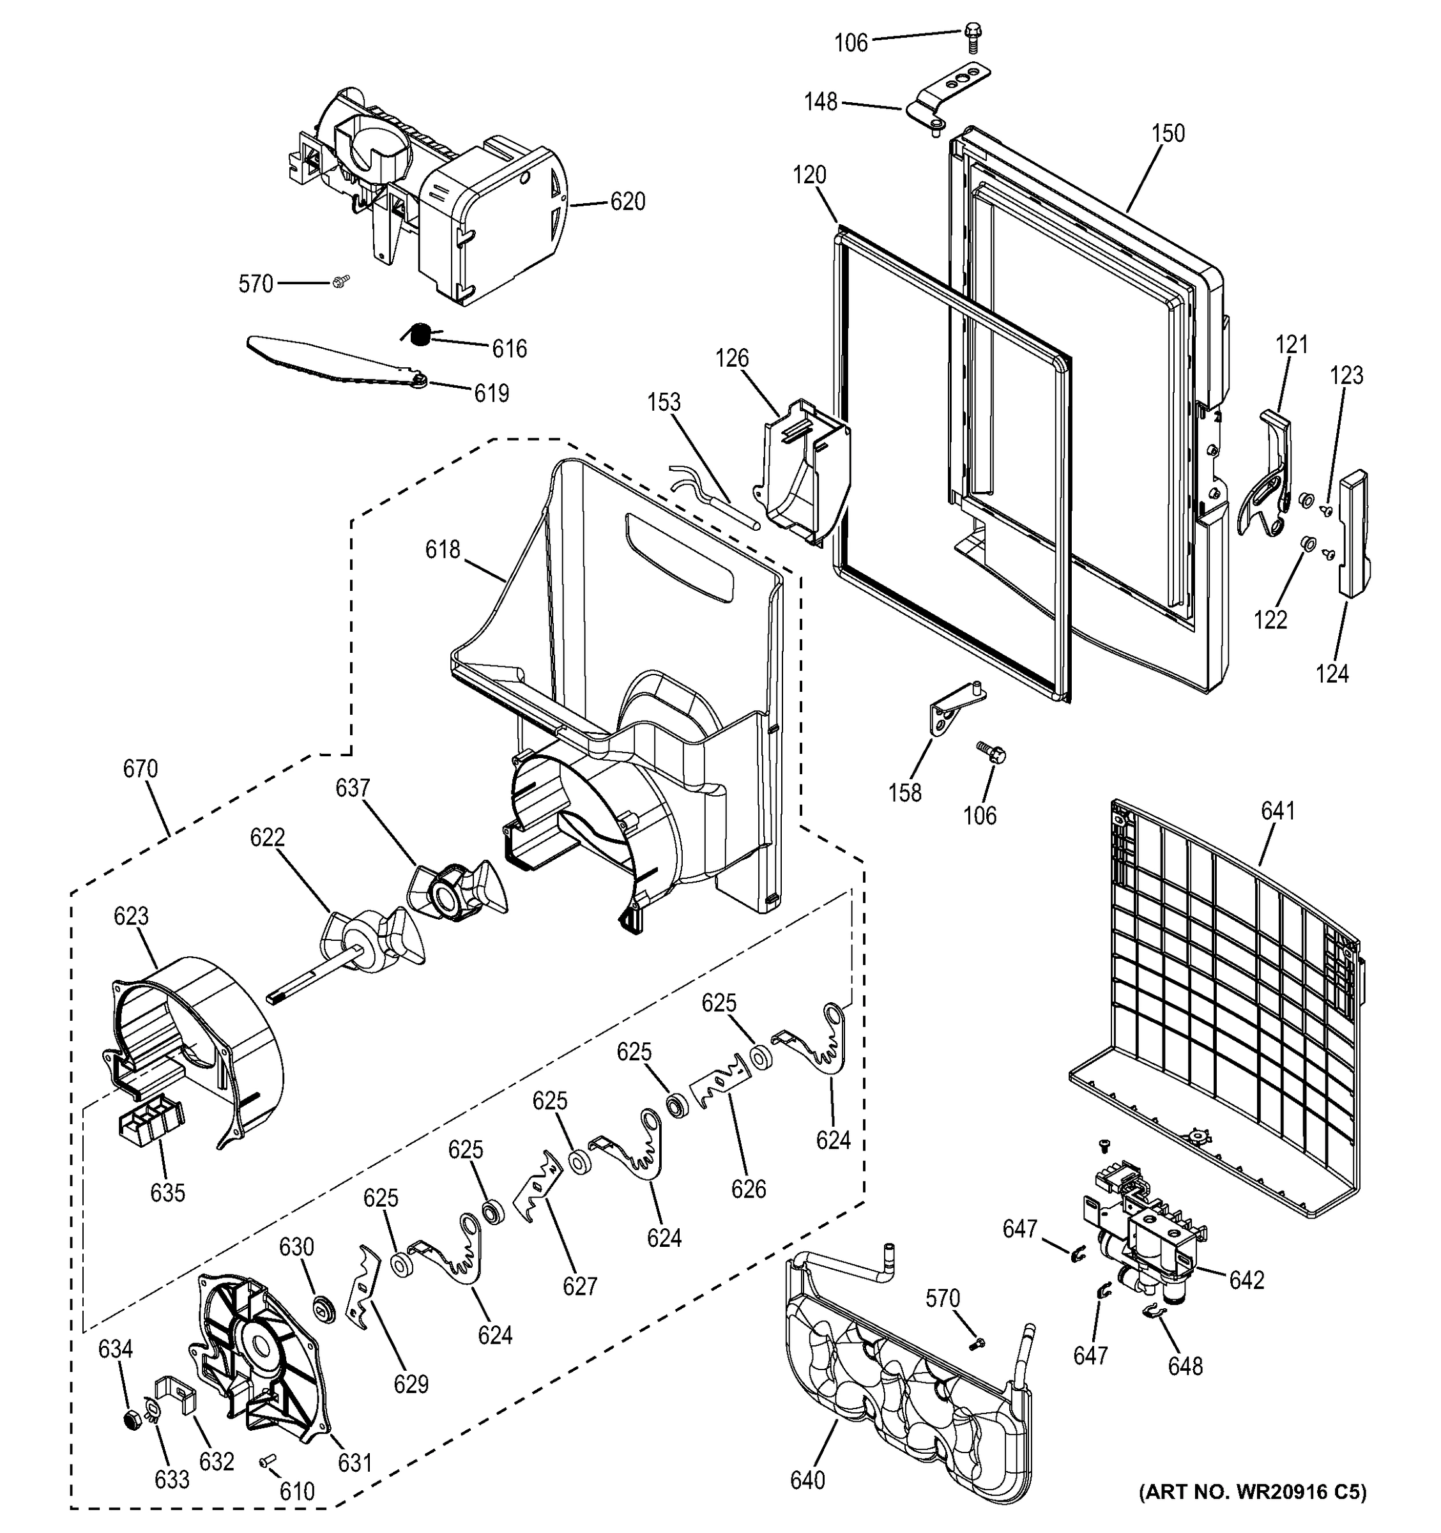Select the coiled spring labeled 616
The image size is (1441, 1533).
(420, 335)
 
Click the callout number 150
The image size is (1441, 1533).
(1167, 133)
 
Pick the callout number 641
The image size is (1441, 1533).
(1277, 811)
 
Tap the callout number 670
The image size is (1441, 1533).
(141, 769)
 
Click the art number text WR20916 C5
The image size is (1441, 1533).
(1252, 1514)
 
